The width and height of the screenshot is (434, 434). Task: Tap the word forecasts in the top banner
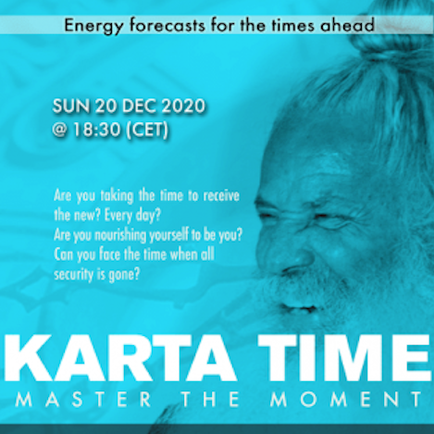pyautogui.click(x=167, y=25)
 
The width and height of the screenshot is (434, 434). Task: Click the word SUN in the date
pyautogui.click(x=71, y=106)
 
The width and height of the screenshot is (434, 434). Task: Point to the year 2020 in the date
pyautogui.click(x=183, y=106)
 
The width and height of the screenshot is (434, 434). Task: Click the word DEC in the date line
pyautogui.click(x=140, y=106)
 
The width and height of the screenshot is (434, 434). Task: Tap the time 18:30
pyautogui.click(x=96, y=130)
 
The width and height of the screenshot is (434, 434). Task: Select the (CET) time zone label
pyautogui.click(x=147, y=130)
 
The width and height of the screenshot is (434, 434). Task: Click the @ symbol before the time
pyautogui.click(x=60, y=130)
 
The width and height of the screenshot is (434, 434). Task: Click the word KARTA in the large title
pyautogui.click(x=119, y=359)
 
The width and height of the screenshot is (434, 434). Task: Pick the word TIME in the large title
pyautogui.click(x=345, y=359)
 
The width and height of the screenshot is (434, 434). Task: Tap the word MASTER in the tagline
pyautogui.click(x=83, y=400)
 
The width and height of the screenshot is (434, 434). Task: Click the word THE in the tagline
pyautogui.click(x=210, y=400)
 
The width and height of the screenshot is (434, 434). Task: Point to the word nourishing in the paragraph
pyautogui.click(x=120, y=236)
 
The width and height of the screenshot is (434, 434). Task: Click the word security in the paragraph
pyautogui.click(x=74, y=274)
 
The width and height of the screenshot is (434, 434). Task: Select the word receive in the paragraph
pyautogui.click(x=221, y=196)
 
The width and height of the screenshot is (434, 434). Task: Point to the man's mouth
pyautogui.click(x=298, y=308)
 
